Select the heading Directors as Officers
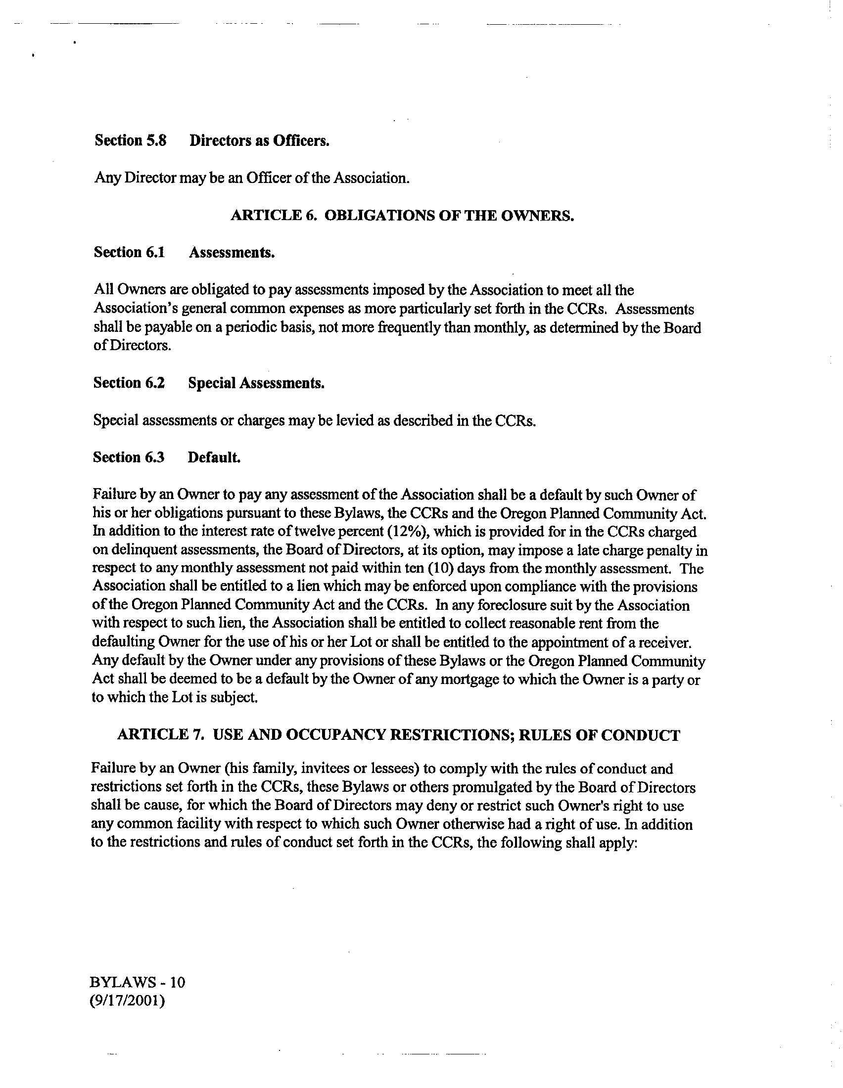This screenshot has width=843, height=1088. click(259, 140)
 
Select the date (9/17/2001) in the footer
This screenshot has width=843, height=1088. click(127, 1000)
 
